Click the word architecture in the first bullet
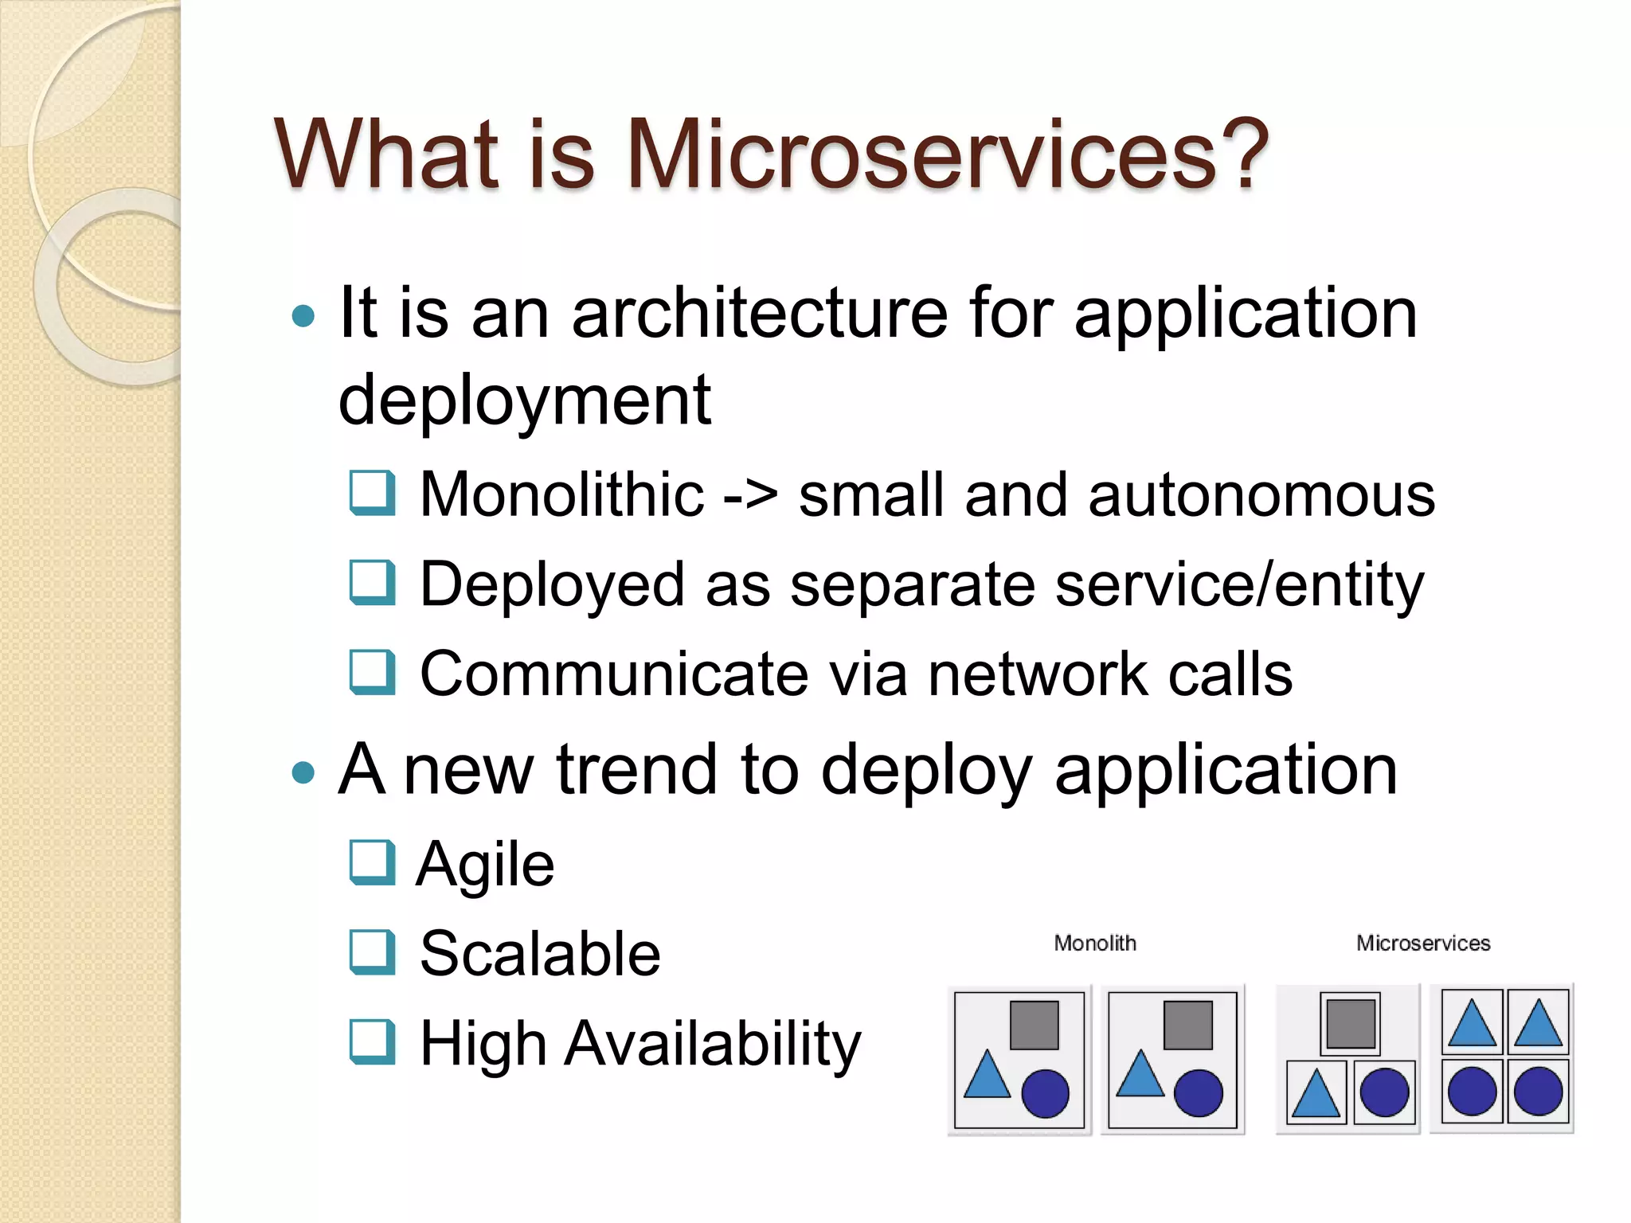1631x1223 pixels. click(x=760, y=314)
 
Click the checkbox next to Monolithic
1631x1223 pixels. click(x=372, y=493)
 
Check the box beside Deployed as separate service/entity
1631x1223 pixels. click(x=372, y=582)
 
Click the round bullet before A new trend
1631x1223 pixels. click(x=303, y=772)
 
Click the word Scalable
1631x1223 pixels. click(x=540, y=954)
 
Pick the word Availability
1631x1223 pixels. click(x=713, y=1044)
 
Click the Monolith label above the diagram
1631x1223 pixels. click(x=1094, y=944)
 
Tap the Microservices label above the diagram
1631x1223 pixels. click(x=1422, y=944)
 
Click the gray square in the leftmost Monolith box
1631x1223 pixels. click(x=1034, y=1025)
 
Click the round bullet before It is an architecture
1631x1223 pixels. click(x=303, y=317)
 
